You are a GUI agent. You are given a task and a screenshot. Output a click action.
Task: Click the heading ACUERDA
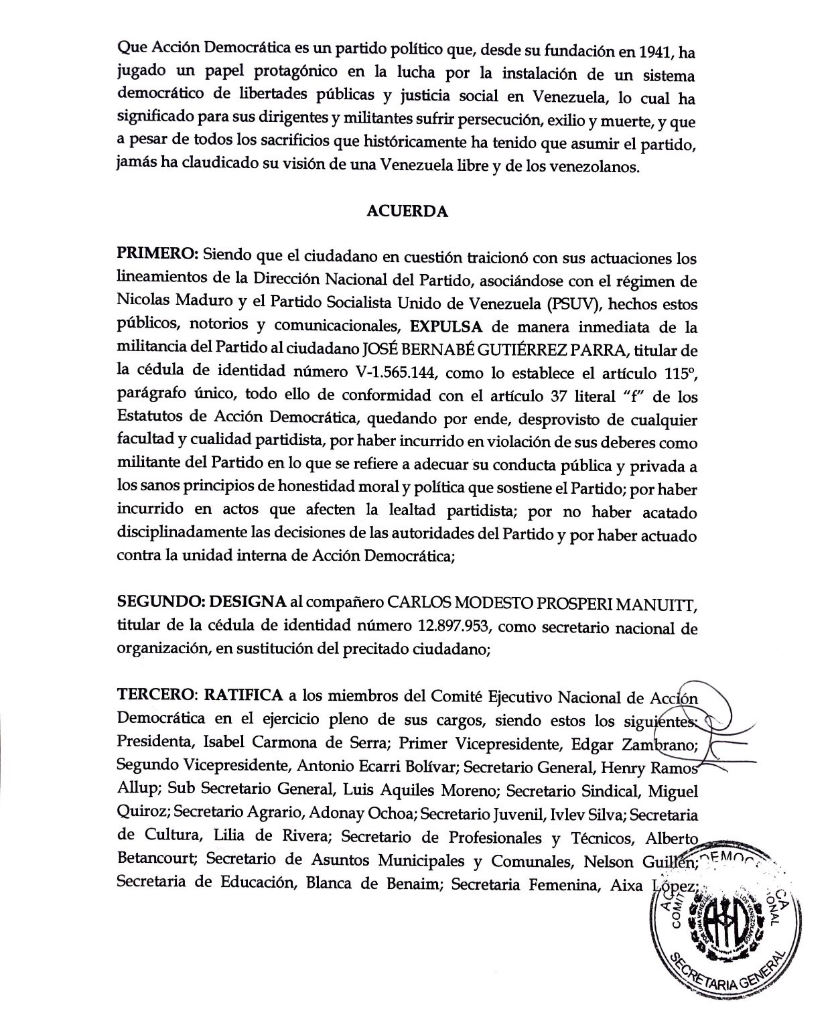click(x=407, y=212)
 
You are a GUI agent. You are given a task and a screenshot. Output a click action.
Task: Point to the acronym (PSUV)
click(x=573, y=305)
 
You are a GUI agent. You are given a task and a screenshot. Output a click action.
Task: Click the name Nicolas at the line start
click(x=142, y=305)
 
